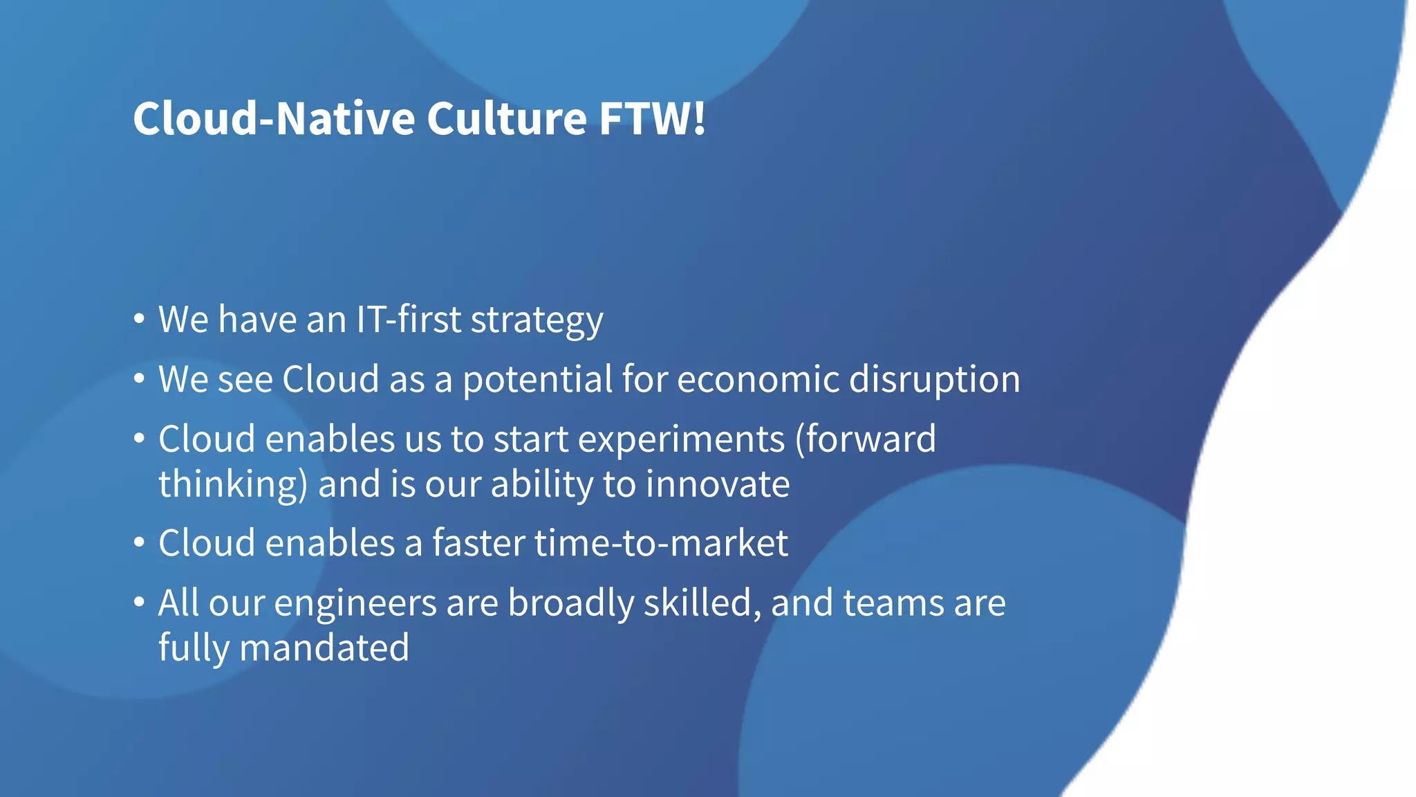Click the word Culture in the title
(506, 118)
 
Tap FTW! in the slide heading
(652, 118)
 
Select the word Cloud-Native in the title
(273, 118)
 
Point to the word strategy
(537, 321)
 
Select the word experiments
(681, 440)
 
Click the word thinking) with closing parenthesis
(232, 485)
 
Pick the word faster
(478, 543)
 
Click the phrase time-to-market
(661, 543)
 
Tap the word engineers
(355, 604)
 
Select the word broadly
(571, 604)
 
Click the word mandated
(324, 648)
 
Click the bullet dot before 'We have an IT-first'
(140, 320)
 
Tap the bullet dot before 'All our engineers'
(140, 603)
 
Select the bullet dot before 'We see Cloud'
(140, 379)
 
